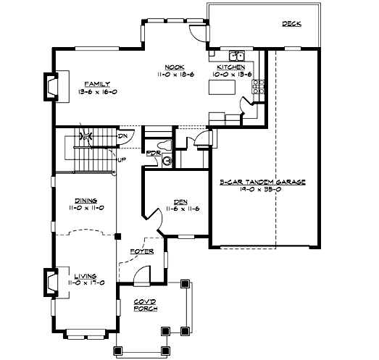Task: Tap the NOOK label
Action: click(172, 66)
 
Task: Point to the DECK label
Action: click(292, 24)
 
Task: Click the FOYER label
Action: click(141, 251)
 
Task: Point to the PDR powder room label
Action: click(153, 153)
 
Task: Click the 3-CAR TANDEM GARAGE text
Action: click(262, 183)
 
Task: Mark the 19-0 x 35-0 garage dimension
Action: click(262, 191)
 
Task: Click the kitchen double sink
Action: click(237, 55)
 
